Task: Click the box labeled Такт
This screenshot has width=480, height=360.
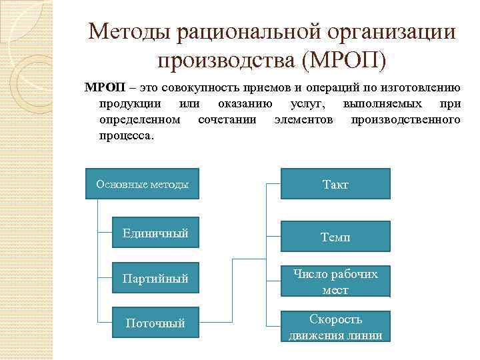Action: tap(335, 184)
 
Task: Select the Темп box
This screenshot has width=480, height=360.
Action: tap(335, 236)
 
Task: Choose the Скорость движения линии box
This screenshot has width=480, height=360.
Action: tap(335, 327)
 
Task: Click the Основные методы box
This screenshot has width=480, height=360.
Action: tap(142, 183)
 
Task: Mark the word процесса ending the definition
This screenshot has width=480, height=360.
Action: tap(126, 135)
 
